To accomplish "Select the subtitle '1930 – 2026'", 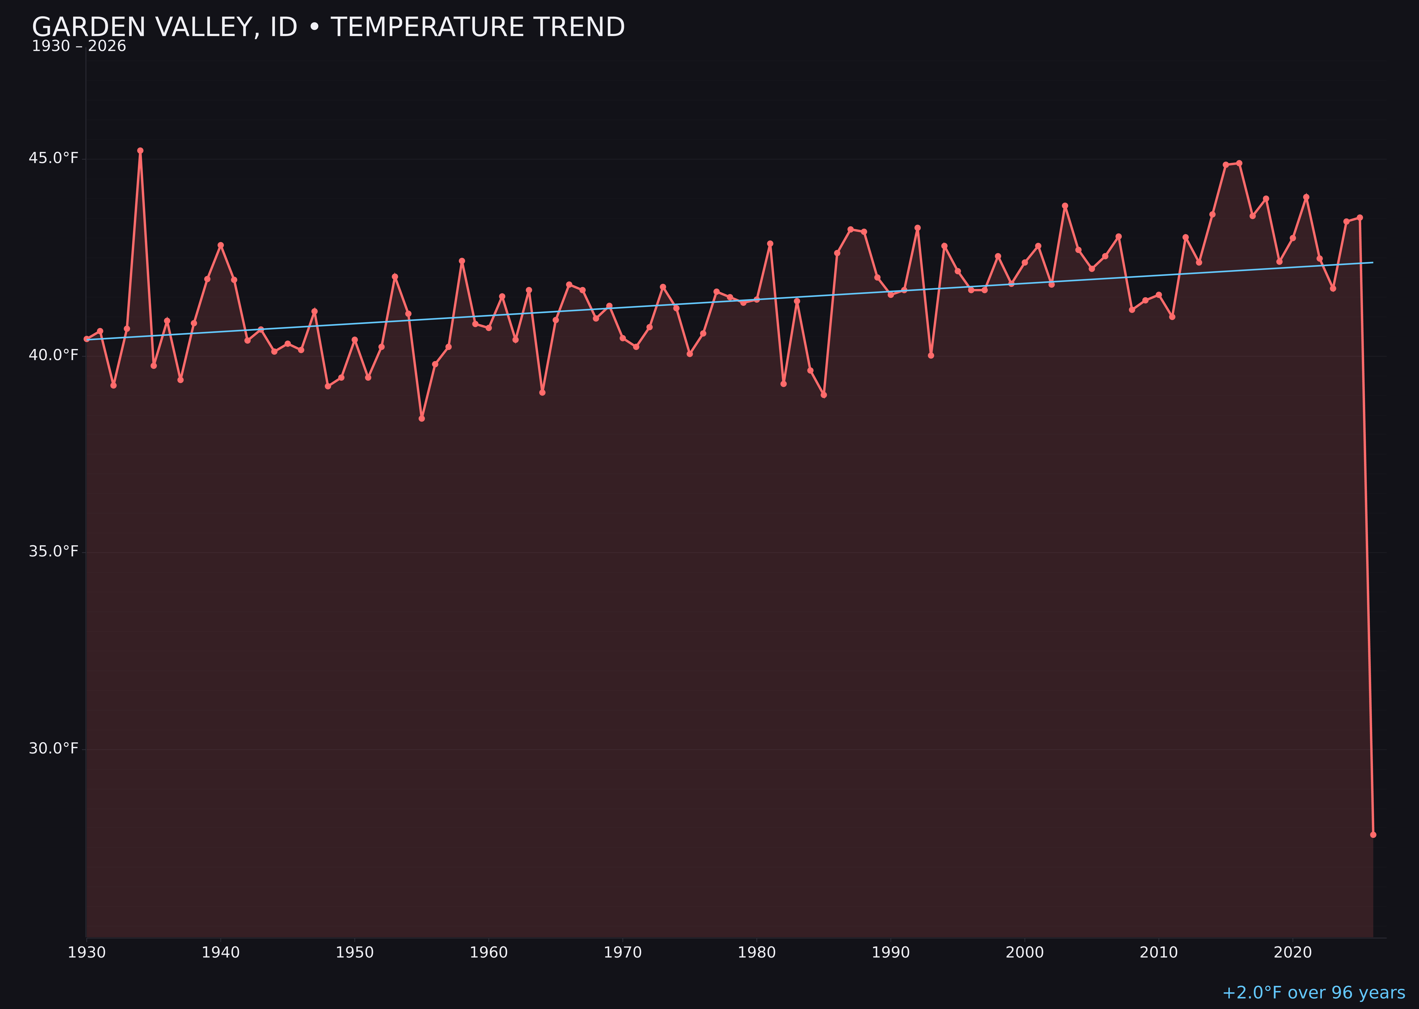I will pos(79,46).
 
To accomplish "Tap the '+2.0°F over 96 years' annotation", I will pos(1313,992).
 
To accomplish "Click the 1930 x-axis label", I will pos(86,953).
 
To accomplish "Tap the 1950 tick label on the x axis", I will pos(354,953).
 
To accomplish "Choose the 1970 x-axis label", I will pos(623,953).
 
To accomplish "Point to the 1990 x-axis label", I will pos(890,953).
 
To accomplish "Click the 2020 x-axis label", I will pos(1292,953).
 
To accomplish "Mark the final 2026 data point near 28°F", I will pos(1373,834).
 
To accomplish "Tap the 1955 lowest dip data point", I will pos(422,419).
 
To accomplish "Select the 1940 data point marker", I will pos(221,246).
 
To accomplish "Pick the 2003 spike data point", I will pos(1065,206).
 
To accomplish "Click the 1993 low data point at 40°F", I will pos(931,355).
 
